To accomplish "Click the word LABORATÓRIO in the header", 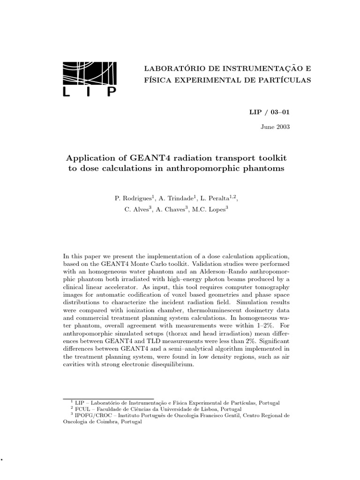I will point(175,68).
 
